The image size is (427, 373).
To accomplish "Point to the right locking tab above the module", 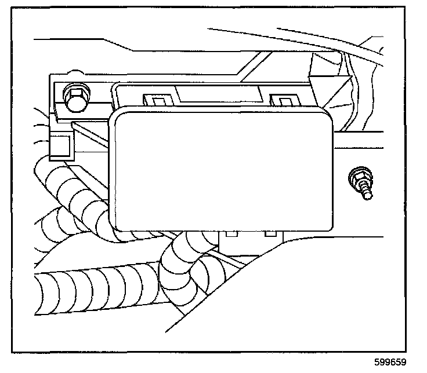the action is pos(284,102).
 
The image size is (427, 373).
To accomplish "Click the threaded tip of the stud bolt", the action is pos(367,195).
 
